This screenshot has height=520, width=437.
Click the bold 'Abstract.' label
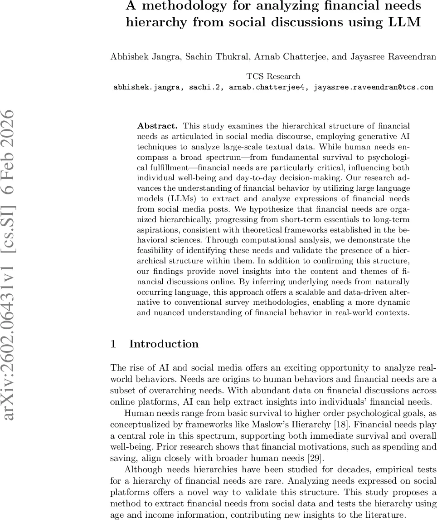(x=154, y=126)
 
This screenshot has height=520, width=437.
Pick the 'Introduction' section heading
(x=164, y=344)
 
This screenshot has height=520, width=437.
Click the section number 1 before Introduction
(x=113, y=344)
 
